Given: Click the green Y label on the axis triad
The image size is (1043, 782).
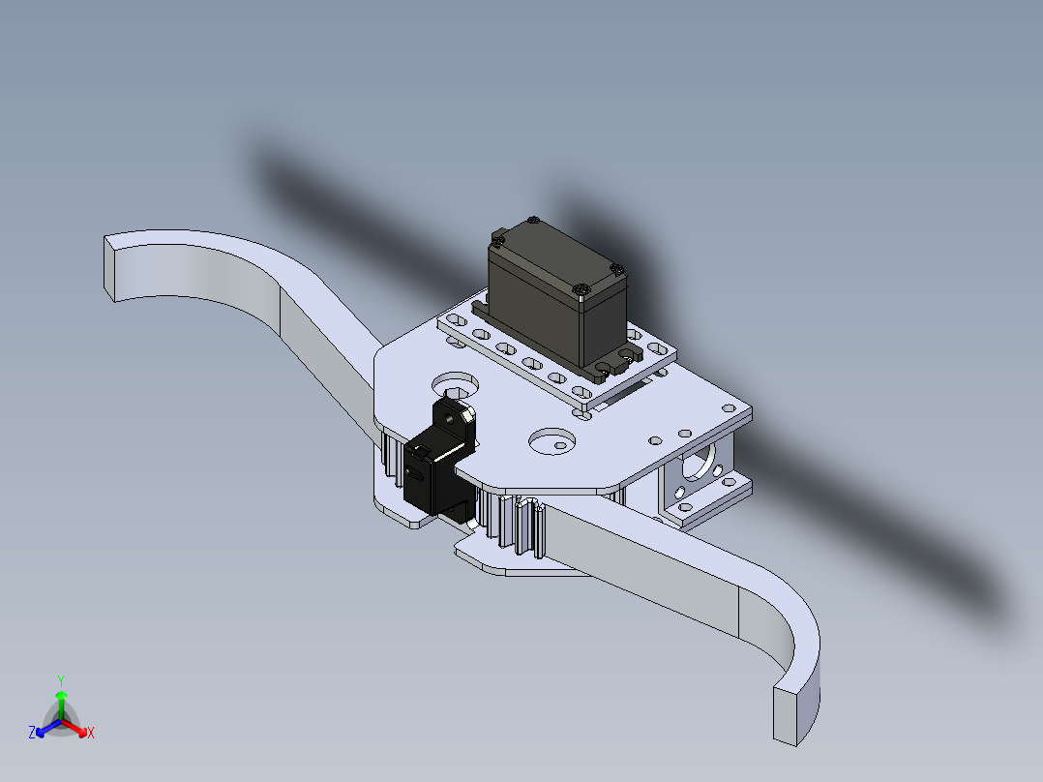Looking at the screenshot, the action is pyautogui.click(x=61, y=680).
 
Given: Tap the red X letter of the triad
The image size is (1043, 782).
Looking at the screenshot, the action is pyautogui.click(x=91, y=733).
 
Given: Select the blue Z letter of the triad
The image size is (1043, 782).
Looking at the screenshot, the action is pyautogui.click(x=32, y=732).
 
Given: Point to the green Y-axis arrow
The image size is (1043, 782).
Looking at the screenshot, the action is pyautogui.click(x=61, y=705).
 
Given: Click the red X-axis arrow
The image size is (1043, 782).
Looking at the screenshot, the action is pyautogui.click(x=74, y=728).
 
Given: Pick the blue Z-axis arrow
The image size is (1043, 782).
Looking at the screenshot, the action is pyautogui.click(x=48, y=728).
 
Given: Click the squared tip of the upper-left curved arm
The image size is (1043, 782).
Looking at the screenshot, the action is pyautogui.click(x=109, y=270).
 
